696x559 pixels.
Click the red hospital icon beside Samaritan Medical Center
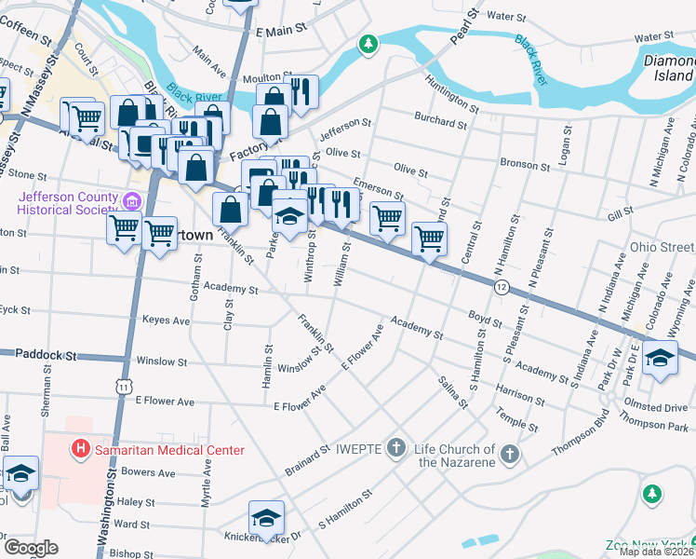(x=81, y=449)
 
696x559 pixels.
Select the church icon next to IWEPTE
(x=396, y=448)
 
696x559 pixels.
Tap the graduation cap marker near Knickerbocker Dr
(x=266, y=517)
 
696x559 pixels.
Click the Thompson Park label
(x=657, y=426)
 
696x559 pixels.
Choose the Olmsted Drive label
(x=657, y=408)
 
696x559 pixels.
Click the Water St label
(x=507, y=16)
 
